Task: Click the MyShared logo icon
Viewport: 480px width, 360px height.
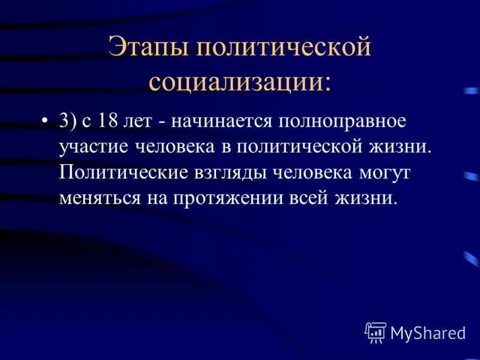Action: (x=376, y=332)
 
